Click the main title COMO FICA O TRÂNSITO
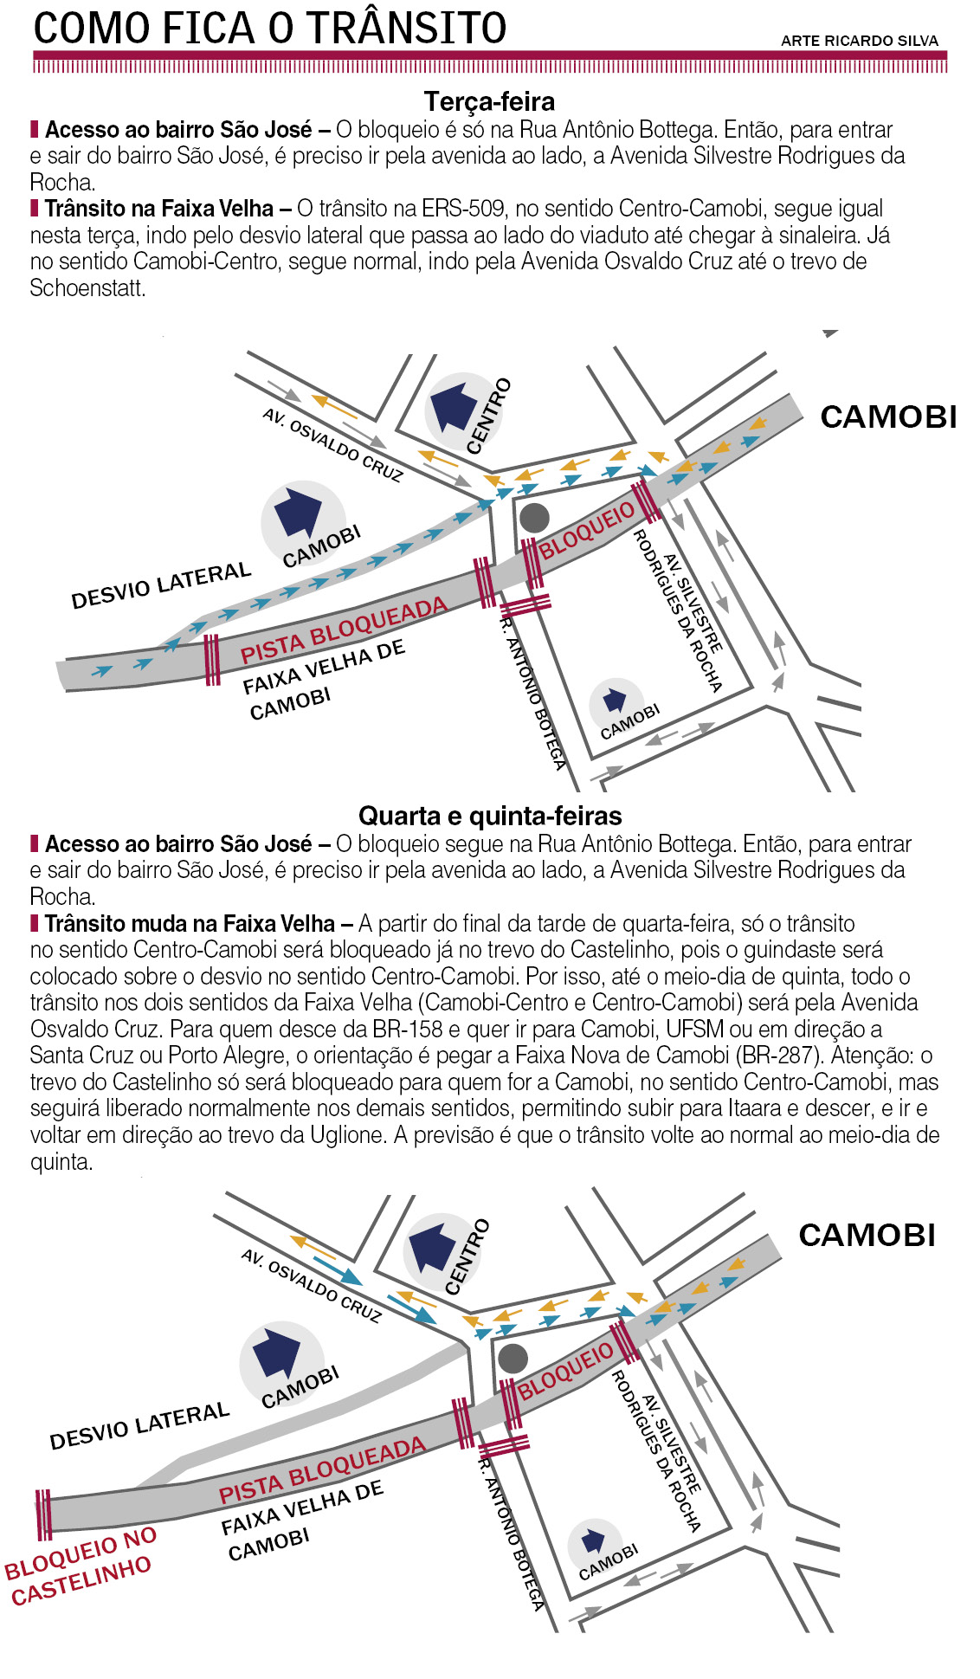[x=270, y=28]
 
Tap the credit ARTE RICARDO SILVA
[x=859, y=41]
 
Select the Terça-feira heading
[x=489, y=101]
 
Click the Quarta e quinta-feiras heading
[x=490, y=816]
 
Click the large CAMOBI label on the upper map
[x=888, y=417]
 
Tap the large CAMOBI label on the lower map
[x=867, y=1235]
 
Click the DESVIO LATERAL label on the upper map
[x=161, y=585]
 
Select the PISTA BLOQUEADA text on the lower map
[x=322, y=1470]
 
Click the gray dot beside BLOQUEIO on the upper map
[x=534, y=517]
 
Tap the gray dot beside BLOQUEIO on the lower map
[x=513, y=1359]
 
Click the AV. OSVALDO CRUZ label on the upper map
[x=333, y=445]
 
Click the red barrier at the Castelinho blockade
[x=43, y=1514]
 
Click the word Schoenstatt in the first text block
[x=87, y=288]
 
